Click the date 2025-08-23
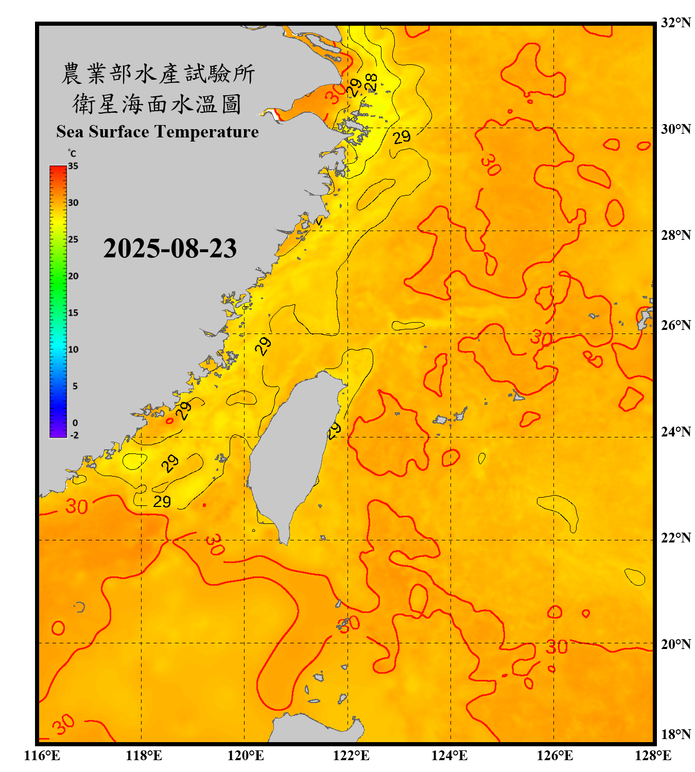click(170, 248)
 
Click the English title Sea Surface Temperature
click(158, 132)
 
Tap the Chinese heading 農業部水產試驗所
click(158, 74)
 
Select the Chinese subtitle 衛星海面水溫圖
click(157, 104)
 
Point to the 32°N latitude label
click(675, 23)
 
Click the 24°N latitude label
click(675, 431)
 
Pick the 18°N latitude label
click(675, 734)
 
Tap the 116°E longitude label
click(42, 756)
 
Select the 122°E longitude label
click(351, 756)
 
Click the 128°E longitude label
click(653, 756)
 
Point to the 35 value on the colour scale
click(73, 166)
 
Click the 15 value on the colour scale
click(73, 313)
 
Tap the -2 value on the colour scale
click(74, 435)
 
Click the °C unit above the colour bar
click(72, 153)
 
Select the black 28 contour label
click(371, 82)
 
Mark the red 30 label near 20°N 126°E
click(557, 647)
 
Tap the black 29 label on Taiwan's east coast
click(334, 430)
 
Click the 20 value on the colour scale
click(73, 276)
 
